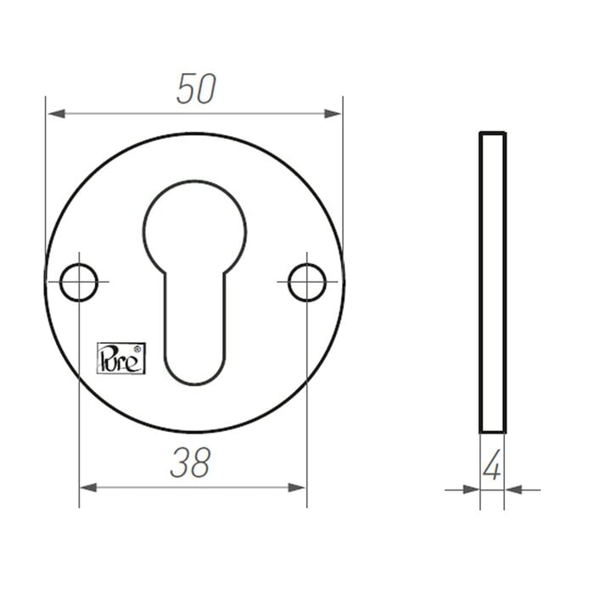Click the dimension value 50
tap(196, 89)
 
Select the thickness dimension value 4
tap(491, 467)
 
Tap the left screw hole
tap(79, 283)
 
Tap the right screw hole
tap(306, 283)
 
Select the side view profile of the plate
tap(492, 283)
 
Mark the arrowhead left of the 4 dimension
tap(471, 490)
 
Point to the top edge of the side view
tap(492, 133)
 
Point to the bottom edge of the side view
tap(492, 432)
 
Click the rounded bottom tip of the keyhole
tap(194, 378)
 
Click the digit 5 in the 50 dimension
tap(186, 89)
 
